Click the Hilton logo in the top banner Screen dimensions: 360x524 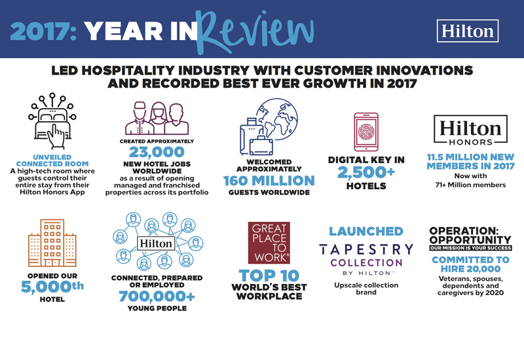point(467,31)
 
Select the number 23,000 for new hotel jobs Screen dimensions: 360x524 point(157,153)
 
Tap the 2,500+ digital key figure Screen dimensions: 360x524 point(367,171)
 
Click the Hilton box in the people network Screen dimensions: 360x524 point(156,243)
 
